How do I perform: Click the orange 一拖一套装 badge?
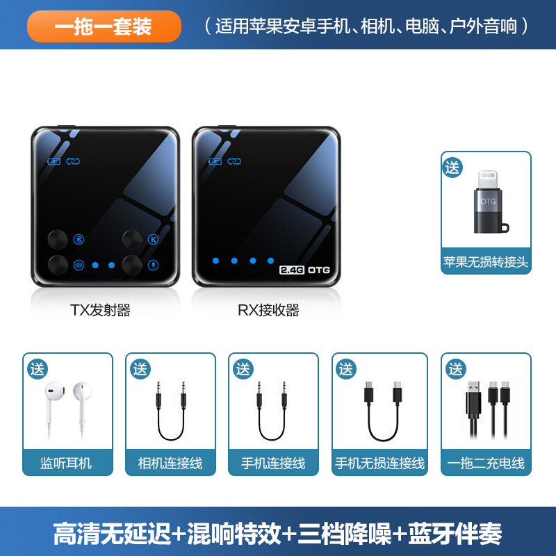coord(104,27)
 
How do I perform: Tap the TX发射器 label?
coord(100,311)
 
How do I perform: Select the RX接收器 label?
coord(268,311)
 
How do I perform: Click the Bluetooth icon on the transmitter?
coord(79,240)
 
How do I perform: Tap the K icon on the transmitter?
coord(154,240)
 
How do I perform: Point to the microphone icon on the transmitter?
coord(154,265)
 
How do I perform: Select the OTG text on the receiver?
coord(319,269)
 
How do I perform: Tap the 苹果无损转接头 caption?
coord(486,263)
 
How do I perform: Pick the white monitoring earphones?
coord(67,407)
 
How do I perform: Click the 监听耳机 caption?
coord(67,463)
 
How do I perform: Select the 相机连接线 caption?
coord(170,463)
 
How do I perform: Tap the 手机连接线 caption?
coord(273,463)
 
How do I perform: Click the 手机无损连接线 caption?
coord(380,463)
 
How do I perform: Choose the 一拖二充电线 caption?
coord(486,463)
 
